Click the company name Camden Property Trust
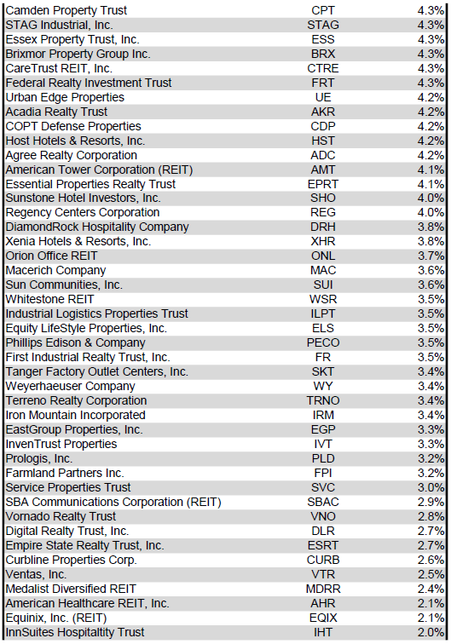click(x=66, y=10)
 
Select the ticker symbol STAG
click(x=323, y=25)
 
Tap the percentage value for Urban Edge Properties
click(x=431, y=97)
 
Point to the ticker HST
click(x=323, y=141)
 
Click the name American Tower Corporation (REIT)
click(x=99, y=170)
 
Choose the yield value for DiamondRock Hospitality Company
click(x=431, y=227)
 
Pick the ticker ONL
click(x=323, y=256)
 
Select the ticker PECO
click(x=323, y=343)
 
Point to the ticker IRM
click(x=323, y=415)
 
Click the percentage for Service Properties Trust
click(x=431, y=487)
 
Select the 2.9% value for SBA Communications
click(x=431, y=502)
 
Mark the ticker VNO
click(x=323, y=516)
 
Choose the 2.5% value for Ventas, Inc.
click(x=431, y=574)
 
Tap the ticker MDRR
click(x=323, y=589)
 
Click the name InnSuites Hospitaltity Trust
click(x=75, y=632)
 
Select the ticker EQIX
click(x=323, y=618)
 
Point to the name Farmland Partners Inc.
click(x=65, y=473)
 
